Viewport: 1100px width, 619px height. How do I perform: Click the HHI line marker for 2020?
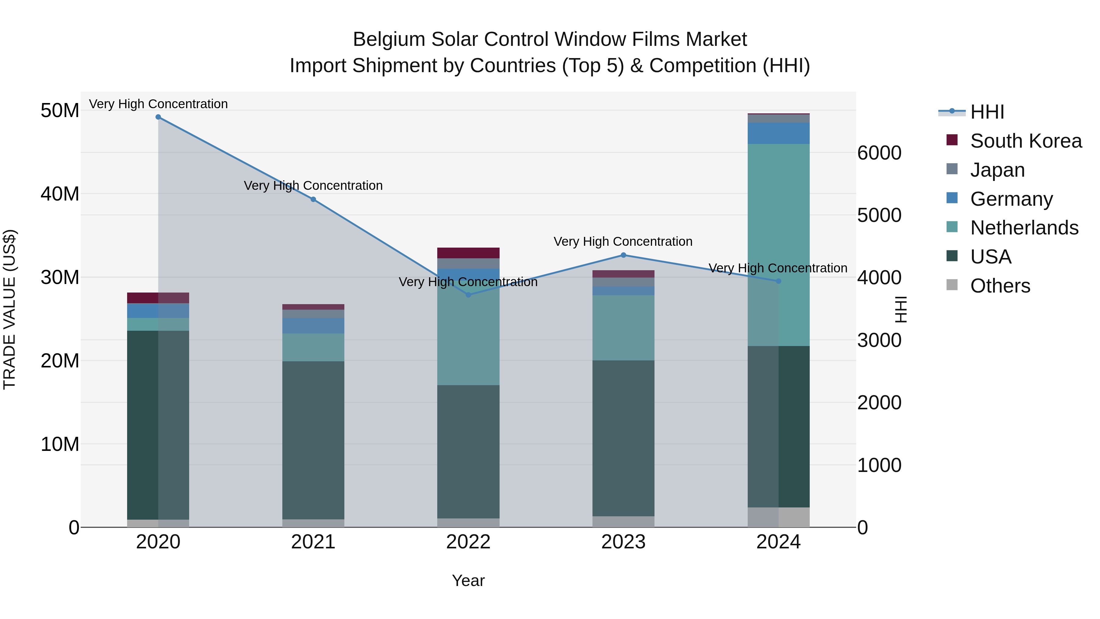(158, 117)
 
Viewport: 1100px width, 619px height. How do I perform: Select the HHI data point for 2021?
(313, 200)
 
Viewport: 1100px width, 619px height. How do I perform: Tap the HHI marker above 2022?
(468, 295)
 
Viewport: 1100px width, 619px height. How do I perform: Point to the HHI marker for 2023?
(623, 255)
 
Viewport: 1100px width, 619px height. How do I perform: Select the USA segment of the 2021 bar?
(313, 440)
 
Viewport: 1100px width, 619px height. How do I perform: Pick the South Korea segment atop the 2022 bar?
(468, 253)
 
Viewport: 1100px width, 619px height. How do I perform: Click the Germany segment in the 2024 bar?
(779, 133)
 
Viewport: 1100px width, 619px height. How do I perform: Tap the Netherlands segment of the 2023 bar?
(623, 328)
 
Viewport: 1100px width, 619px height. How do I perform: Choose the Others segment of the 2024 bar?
(779, 517)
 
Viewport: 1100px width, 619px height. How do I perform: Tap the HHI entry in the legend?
(987, 112)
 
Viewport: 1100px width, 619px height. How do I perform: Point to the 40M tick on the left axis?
(60, 194)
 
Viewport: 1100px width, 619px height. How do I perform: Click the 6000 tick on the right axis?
(879, 153)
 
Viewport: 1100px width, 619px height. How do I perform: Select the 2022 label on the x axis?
(468, 542)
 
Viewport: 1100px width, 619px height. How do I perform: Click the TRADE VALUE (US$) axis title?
(9, 309)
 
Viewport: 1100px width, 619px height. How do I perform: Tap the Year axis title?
(468, 580)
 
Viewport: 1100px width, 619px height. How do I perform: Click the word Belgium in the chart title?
(389, 39)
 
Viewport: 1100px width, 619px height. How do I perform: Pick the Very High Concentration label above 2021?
(313, 186)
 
